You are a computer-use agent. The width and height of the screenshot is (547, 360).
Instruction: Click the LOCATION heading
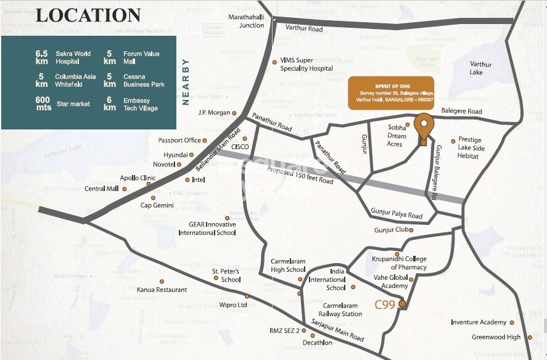(x=88, y=15)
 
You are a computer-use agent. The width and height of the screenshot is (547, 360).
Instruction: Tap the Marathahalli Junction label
(x=246, y=21)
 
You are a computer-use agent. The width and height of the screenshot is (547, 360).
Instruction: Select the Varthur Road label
(x=303, y=29)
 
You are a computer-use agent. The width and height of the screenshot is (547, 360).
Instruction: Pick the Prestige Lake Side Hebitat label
(x=471, y=149)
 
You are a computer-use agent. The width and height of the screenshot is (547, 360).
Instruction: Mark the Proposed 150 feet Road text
(x=300, y=176)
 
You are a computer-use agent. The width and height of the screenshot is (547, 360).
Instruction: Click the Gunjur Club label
(x=391, y=230)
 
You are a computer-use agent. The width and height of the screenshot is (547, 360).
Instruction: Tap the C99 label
(x=385, y=304)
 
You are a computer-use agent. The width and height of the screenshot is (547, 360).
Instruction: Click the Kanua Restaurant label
(x=162, y=290)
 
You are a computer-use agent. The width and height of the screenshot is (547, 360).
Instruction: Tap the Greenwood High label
(x=496, y=337)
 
